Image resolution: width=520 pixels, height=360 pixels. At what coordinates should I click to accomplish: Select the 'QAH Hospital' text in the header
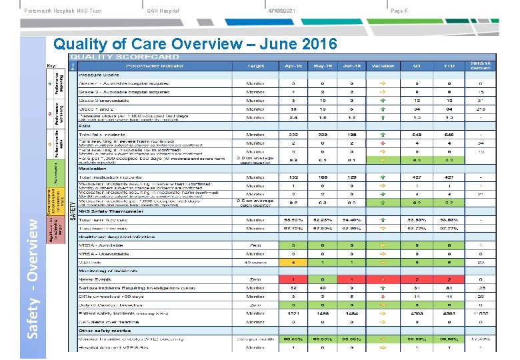point(163,11)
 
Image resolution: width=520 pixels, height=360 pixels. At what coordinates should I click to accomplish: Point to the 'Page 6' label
point(399,11)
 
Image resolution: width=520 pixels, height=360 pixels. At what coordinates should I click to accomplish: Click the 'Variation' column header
point(383,66)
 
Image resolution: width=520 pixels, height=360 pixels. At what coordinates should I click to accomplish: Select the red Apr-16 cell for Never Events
point(293,279)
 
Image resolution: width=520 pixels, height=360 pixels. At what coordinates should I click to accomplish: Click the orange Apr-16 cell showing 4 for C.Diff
point(293,262)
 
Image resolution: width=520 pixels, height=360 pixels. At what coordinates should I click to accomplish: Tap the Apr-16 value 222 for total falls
point(293,134)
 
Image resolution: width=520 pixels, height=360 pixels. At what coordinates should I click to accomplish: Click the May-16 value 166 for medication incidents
point(323,177)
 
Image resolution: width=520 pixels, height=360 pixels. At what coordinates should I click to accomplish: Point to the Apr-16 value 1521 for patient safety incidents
point(293,313)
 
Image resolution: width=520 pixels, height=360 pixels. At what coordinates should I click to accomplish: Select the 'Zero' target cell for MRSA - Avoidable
point(255,245)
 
